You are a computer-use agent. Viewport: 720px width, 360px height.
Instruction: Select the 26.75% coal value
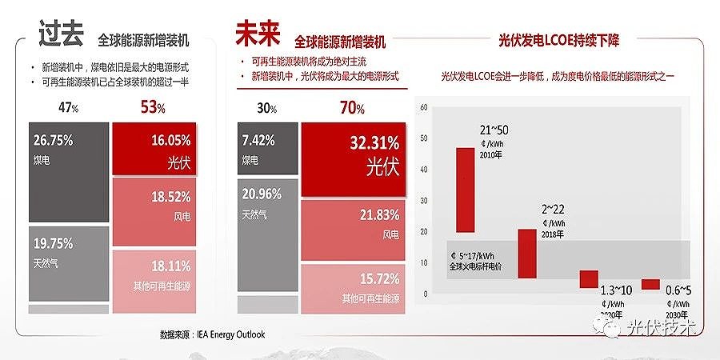coord(54,140)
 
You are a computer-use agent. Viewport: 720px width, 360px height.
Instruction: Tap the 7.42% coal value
coord(258,140)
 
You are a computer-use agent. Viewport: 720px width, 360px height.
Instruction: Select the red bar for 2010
coord(466,187)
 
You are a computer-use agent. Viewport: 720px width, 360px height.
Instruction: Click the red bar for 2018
coord(527,252)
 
